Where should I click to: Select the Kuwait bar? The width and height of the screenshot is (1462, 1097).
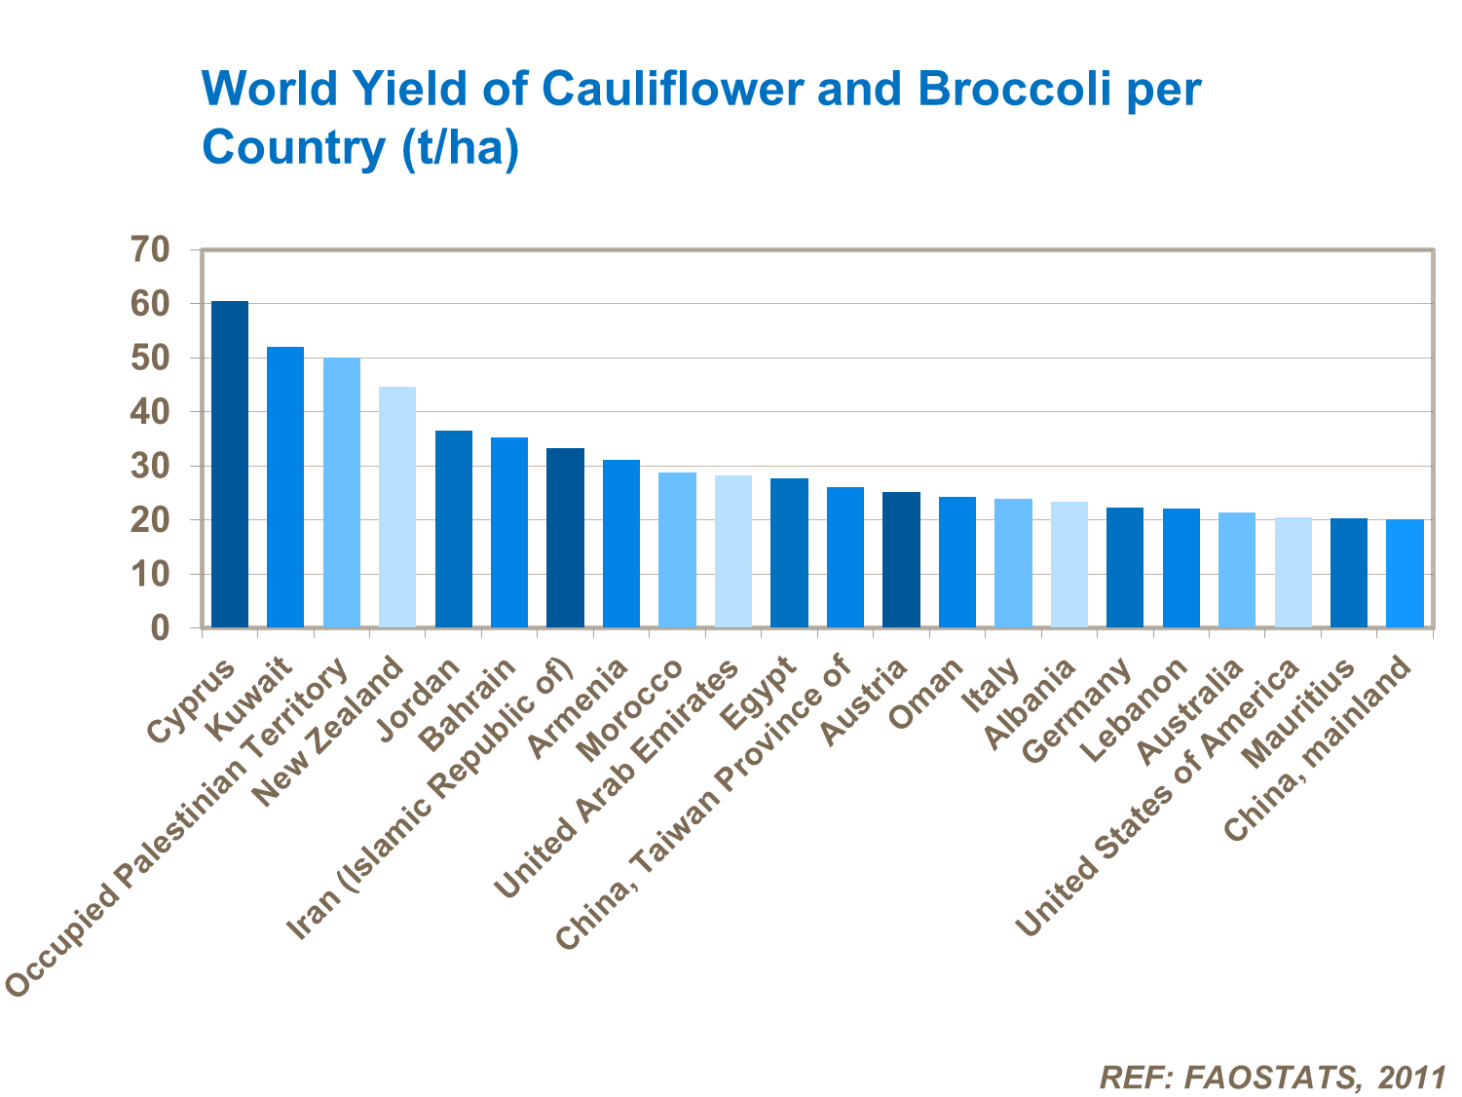[285, 487]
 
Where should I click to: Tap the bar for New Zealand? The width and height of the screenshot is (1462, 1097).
[397, 507]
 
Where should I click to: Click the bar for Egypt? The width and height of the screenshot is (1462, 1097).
[789, 552]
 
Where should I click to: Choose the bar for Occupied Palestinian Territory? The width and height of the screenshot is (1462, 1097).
[342, 492]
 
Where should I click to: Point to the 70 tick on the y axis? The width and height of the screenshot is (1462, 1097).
[150, 250]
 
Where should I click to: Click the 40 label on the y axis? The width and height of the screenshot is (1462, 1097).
[150, 412]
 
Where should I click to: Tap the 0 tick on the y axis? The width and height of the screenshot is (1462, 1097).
[160, 628]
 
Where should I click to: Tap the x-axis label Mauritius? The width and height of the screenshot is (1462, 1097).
[1300, 712]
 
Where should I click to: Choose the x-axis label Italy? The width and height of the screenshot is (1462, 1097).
[991, 685]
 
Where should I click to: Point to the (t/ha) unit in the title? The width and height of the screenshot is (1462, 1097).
[458, 148]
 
